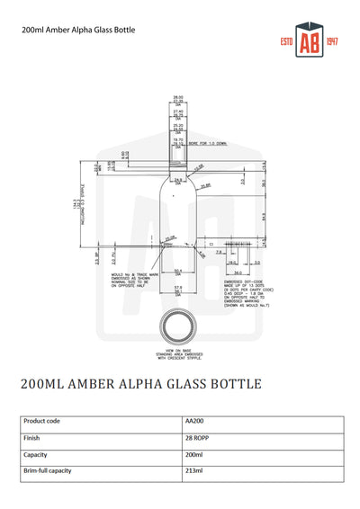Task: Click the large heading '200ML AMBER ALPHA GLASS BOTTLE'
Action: tap(141, 384)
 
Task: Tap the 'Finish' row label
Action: tap(31, 438)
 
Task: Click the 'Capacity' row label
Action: tap(36, 455)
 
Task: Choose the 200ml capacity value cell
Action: tap(194, 455)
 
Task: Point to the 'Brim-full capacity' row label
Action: tap(47, 471)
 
